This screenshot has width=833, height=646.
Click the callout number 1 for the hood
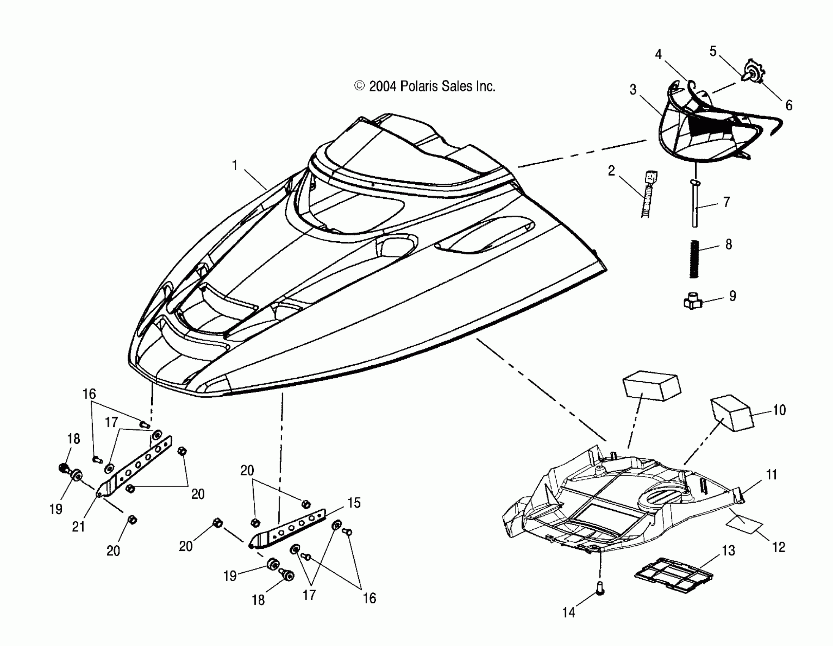click(235, 166)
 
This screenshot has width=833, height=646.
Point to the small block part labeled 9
click(692, 302)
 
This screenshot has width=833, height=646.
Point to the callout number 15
click(354, 502)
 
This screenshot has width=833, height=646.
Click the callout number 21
click(78, 527)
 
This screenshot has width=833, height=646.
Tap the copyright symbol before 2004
click(359, 86)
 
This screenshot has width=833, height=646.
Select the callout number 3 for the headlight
click(633, 90)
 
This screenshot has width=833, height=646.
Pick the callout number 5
click(713, 51)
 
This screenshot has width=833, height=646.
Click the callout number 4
click(658, 55)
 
